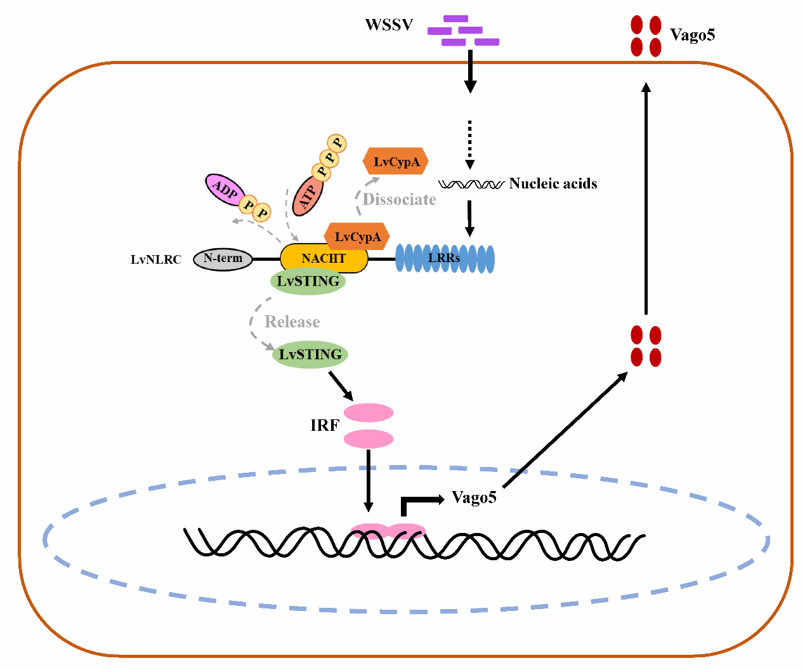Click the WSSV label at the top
coord(389,25)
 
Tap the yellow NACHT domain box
coord(324,259)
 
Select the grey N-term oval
coord(223,259)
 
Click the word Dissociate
coord(399,200)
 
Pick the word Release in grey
coord(292,322)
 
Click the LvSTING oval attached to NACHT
coord(308,282)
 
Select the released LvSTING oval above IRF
coord(310,355)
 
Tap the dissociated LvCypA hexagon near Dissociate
coord(396,162)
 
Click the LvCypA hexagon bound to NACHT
coord(357,237)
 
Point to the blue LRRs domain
coord(445,258)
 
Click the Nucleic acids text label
coord(553,184)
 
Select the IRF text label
coord(324,426)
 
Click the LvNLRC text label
coord(155,259)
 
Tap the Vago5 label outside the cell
coord(692,35)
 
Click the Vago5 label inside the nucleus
coord(474,497)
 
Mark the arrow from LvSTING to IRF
coord(341,385)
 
